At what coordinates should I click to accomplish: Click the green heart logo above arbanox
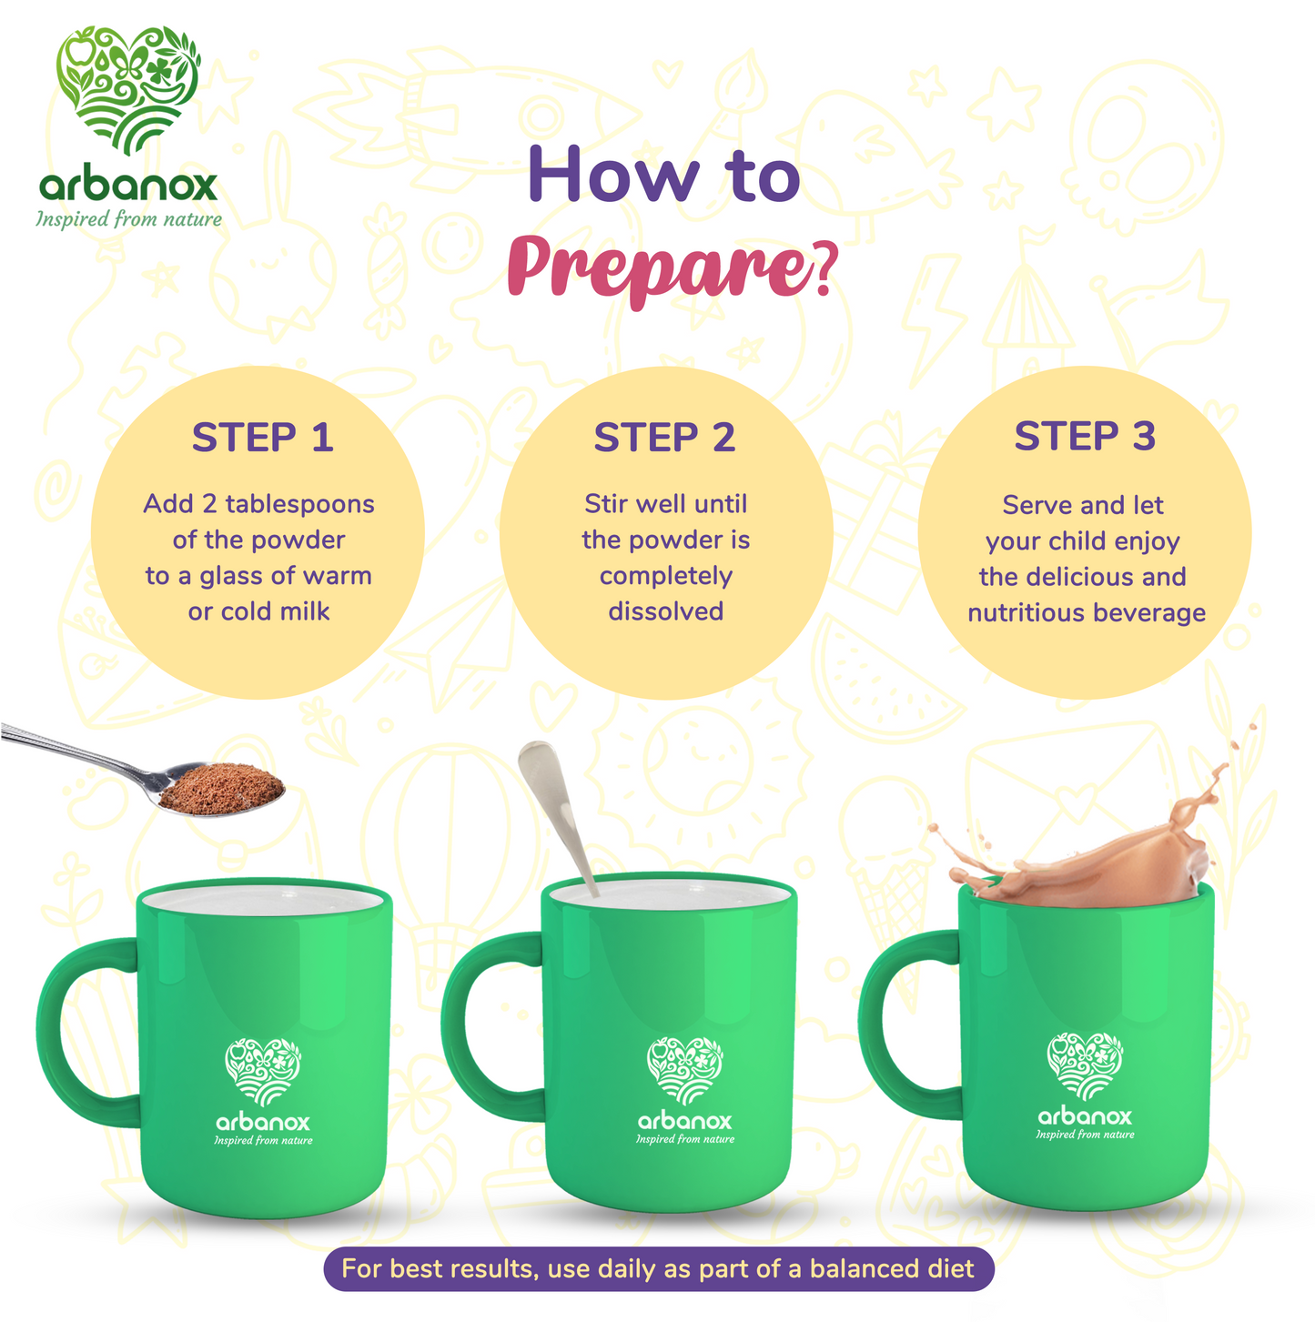128,89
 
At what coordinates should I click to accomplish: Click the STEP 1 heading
262,437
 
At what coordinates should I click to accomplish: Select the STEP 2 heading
663,437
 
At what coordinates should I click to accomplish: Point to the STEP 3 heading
1085,436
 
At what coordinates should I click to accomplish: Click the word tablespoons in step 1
300,505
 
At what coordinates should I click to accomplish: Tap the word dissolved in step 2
665,611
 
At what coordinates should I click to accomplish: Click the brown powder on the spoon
222,788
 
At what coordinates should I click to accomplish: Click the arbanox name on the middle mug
684,1121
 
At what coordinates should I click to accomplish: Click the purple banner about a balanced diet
658,1269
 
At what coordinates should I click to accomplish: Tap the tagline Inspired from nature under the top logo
129,219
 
